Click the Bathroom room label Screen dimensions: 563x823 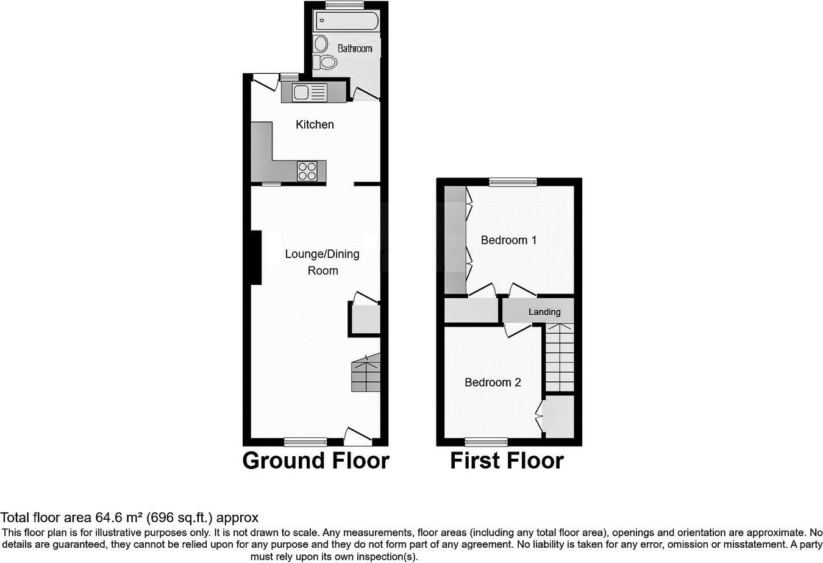[354, 48]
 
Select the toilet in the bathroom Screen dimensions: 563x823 [326, 62]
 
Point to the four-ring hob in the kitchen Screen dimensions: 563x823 [307, 171]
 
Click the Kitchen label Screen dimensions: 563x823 [315, 124]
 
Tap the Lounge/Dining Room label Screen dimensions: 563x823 [322, 262]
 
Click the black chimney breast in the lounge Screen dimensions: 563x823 [256, 257]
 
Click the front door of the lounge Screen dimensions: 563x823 [358, 436]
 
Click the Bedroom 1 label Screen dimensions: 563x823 [508, 240]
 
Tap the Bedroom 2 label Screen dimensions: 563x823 [493, 382]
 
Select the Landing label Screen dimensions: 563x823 [544, 312]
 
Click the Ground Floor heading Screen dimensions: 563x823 [315, 461]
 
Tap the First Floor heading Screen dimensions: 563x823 [507, 461]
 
